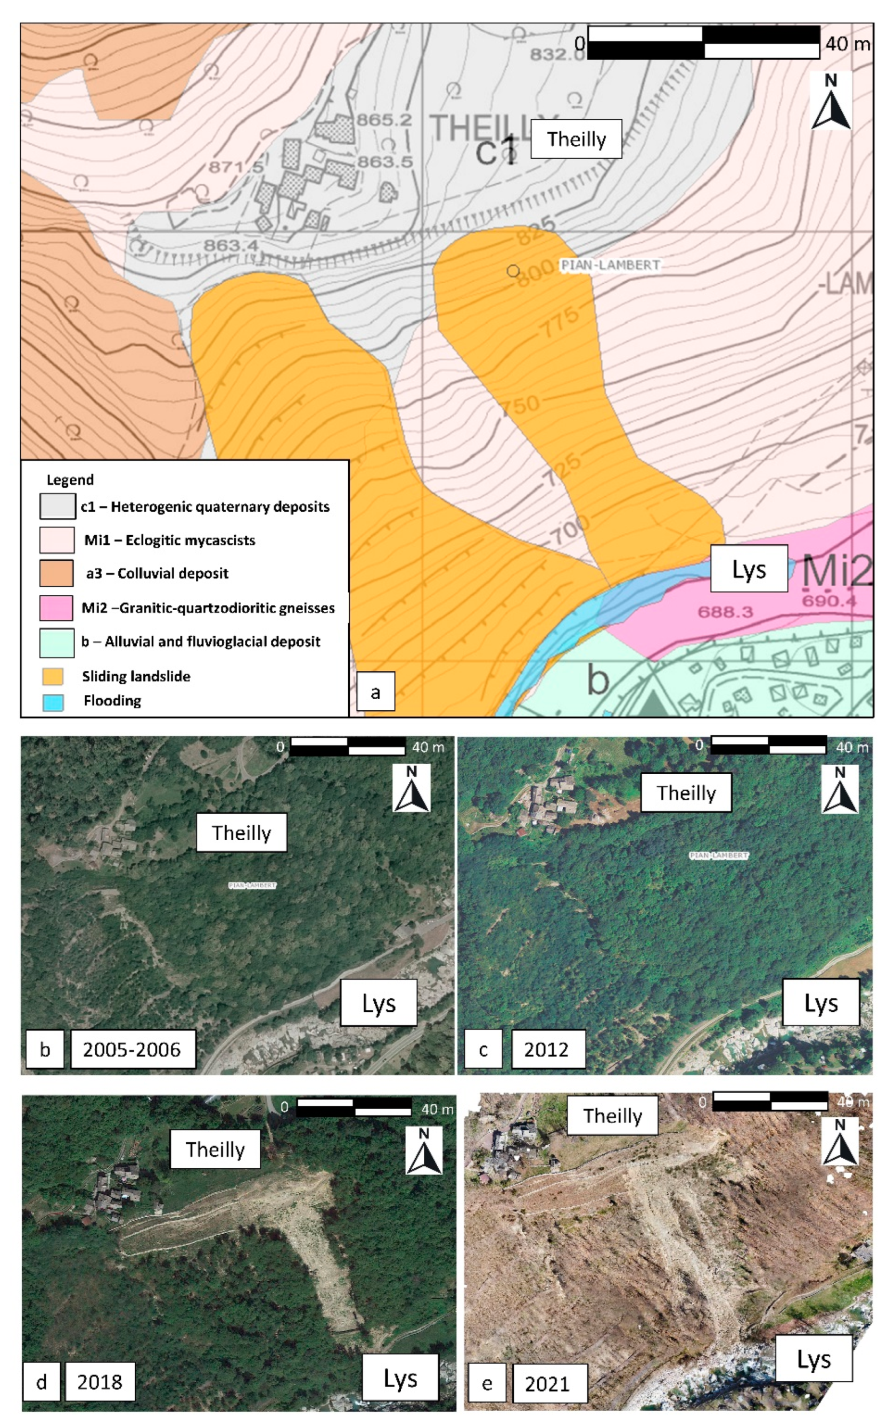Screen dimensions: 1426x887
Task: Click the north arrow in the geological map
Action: [831, 102]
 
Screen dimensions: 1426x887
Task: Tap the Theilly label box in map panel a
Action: [576, 139]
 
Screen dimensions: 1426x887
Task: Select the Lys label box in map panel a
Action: [749, 568]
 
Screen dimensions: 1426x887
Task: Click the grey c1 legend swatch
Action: [58, 506]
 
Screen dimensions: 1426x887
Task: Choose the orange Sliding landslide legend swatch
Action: [53, 676]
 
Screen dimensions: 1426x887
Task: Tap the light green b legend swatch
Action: [57, 642]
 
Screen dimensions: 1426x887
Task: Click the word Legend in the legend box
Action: [70, 480]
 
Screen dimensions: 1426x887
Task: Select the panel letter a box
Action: [375, 692]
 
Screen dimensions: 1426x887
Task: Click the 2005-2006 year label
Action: [132, 1050]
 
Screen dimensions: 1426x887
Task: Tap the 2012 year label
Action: [547, 1050]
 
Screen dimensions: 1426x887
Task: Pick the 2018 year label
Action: [100, 1381]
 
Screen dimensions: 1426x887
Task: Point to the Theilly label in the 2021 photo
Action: [612, 1115]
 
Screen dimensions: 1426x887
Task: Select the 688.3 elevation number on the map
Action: [725, 612]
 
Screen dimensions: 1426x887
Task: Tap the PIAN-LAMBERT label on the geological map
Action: [610, 265]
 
